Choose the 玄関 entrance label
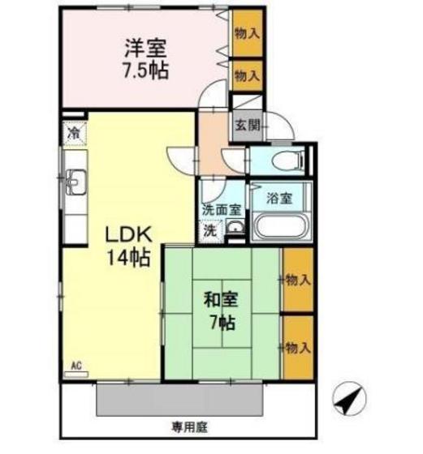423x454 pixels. click(247, 125)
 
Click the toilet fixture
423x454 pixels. click(285, 161)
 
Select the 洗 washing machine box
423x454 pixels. click(209, 229)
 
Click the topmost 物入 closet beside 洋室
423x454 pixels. click(247, 34)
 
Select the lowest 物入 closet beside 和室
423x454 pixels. click(297, 347)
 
